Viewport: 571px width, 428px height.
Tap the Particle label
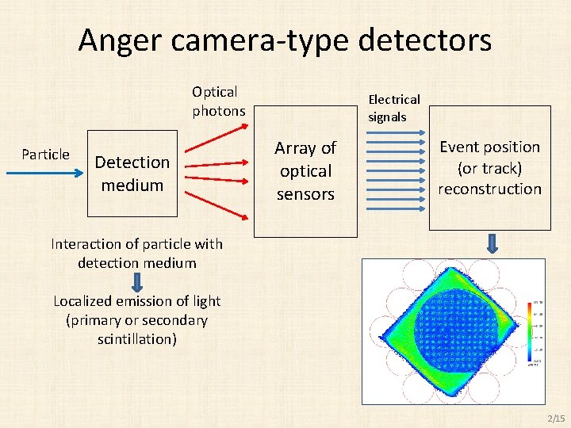pos(45,155)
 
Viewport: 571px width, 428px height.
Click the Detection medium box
pos(131,174)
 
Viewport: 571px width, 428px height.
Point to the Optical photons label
pos(217,101)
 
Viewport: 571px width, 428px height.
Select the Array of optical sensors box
pos(305,170)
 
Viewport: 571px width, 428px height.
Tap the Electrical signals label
pos(393,108)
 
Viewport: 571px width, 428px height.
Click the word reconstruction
pos(489,189)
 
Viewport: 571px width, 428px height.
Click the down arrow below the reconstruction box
pos(492,244)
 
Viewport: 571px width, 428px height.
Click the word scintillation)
pos(136,339)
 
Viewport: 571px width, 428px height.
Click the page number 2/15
pos(556,418)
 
